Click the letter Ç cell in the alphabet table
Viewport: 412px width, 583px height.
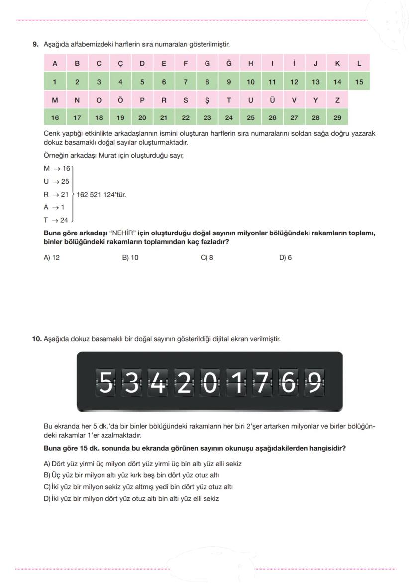(120, 63)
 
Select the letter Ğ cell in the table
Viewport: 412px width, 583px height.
(229, 63)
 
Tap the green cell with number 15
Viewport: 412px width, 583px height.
(359, 82)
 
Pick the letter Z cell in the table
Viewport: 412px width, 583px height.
(337, 100)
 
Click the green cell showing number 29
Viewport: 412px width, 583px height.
(337, 118)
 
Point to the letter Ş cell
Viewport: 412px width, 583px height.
(207, 100)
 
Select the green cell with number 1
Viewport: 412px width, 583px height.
(55, 82)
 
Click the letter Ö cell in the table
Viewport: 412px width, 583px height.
(120, 100)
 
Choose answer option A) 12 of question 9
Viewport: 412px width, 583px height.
(52, 257)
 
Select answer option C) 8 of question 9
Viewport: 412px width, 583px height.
(207, 257)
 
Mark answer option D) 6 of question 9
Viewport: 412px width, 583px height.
(286, 257)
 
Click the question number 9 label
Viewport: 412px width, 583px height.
(36, 45)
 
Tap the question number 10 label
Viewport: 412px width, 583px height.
(37, 339)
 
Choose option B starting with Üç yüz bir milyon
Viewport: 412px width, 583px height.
(131, 475)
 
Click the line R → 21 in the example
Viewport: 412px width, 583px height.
(56, 195)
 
